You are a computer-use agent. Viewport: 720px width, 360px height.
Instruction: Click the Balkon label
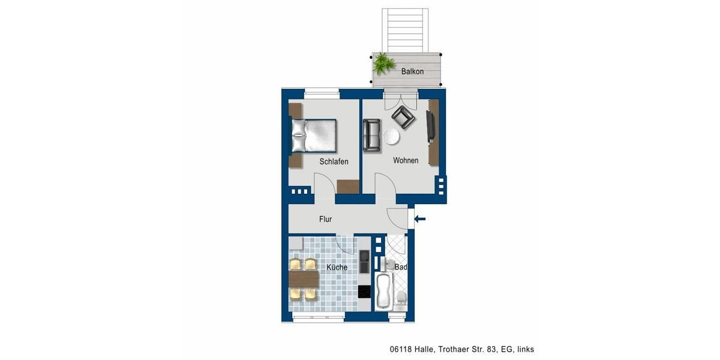[412, 71]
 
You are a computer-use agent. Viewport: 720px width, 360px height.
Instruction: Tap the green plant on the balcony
[383, 62]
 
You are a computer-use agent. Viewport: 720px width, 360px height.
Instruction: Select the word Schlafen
[334, 161]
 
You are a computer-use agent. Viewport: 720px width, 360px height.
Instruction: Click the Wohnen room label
[406, 160]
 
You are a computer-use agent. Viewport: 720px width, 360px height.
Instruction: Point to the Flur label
[325, 220]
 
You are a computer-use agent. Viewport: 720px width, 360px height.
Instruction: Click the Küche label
[337, 268]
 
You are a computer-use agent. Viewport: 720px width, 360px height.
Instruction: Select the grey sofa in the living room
[371, 135]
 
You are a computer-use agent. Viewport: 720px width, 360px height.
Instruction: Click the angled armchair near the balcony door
[403, 118]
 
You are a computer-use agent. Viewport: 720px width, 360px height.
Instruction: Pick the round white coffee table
[391, 137]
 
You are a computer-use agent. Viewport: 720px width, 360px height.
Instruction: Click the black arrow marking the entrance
[420, 219]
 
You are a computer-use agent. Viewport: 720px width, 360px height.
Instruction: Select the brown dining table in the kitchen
[303, 279]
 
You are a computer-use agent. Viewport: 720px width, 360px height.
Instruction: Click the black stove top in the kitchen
[364, 292]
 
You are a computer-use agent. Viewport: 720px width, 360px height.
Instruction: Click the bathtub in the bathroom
[383, 292]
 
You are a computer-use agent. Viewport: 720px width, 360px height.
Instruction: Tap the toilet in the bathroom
[400, 298]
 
